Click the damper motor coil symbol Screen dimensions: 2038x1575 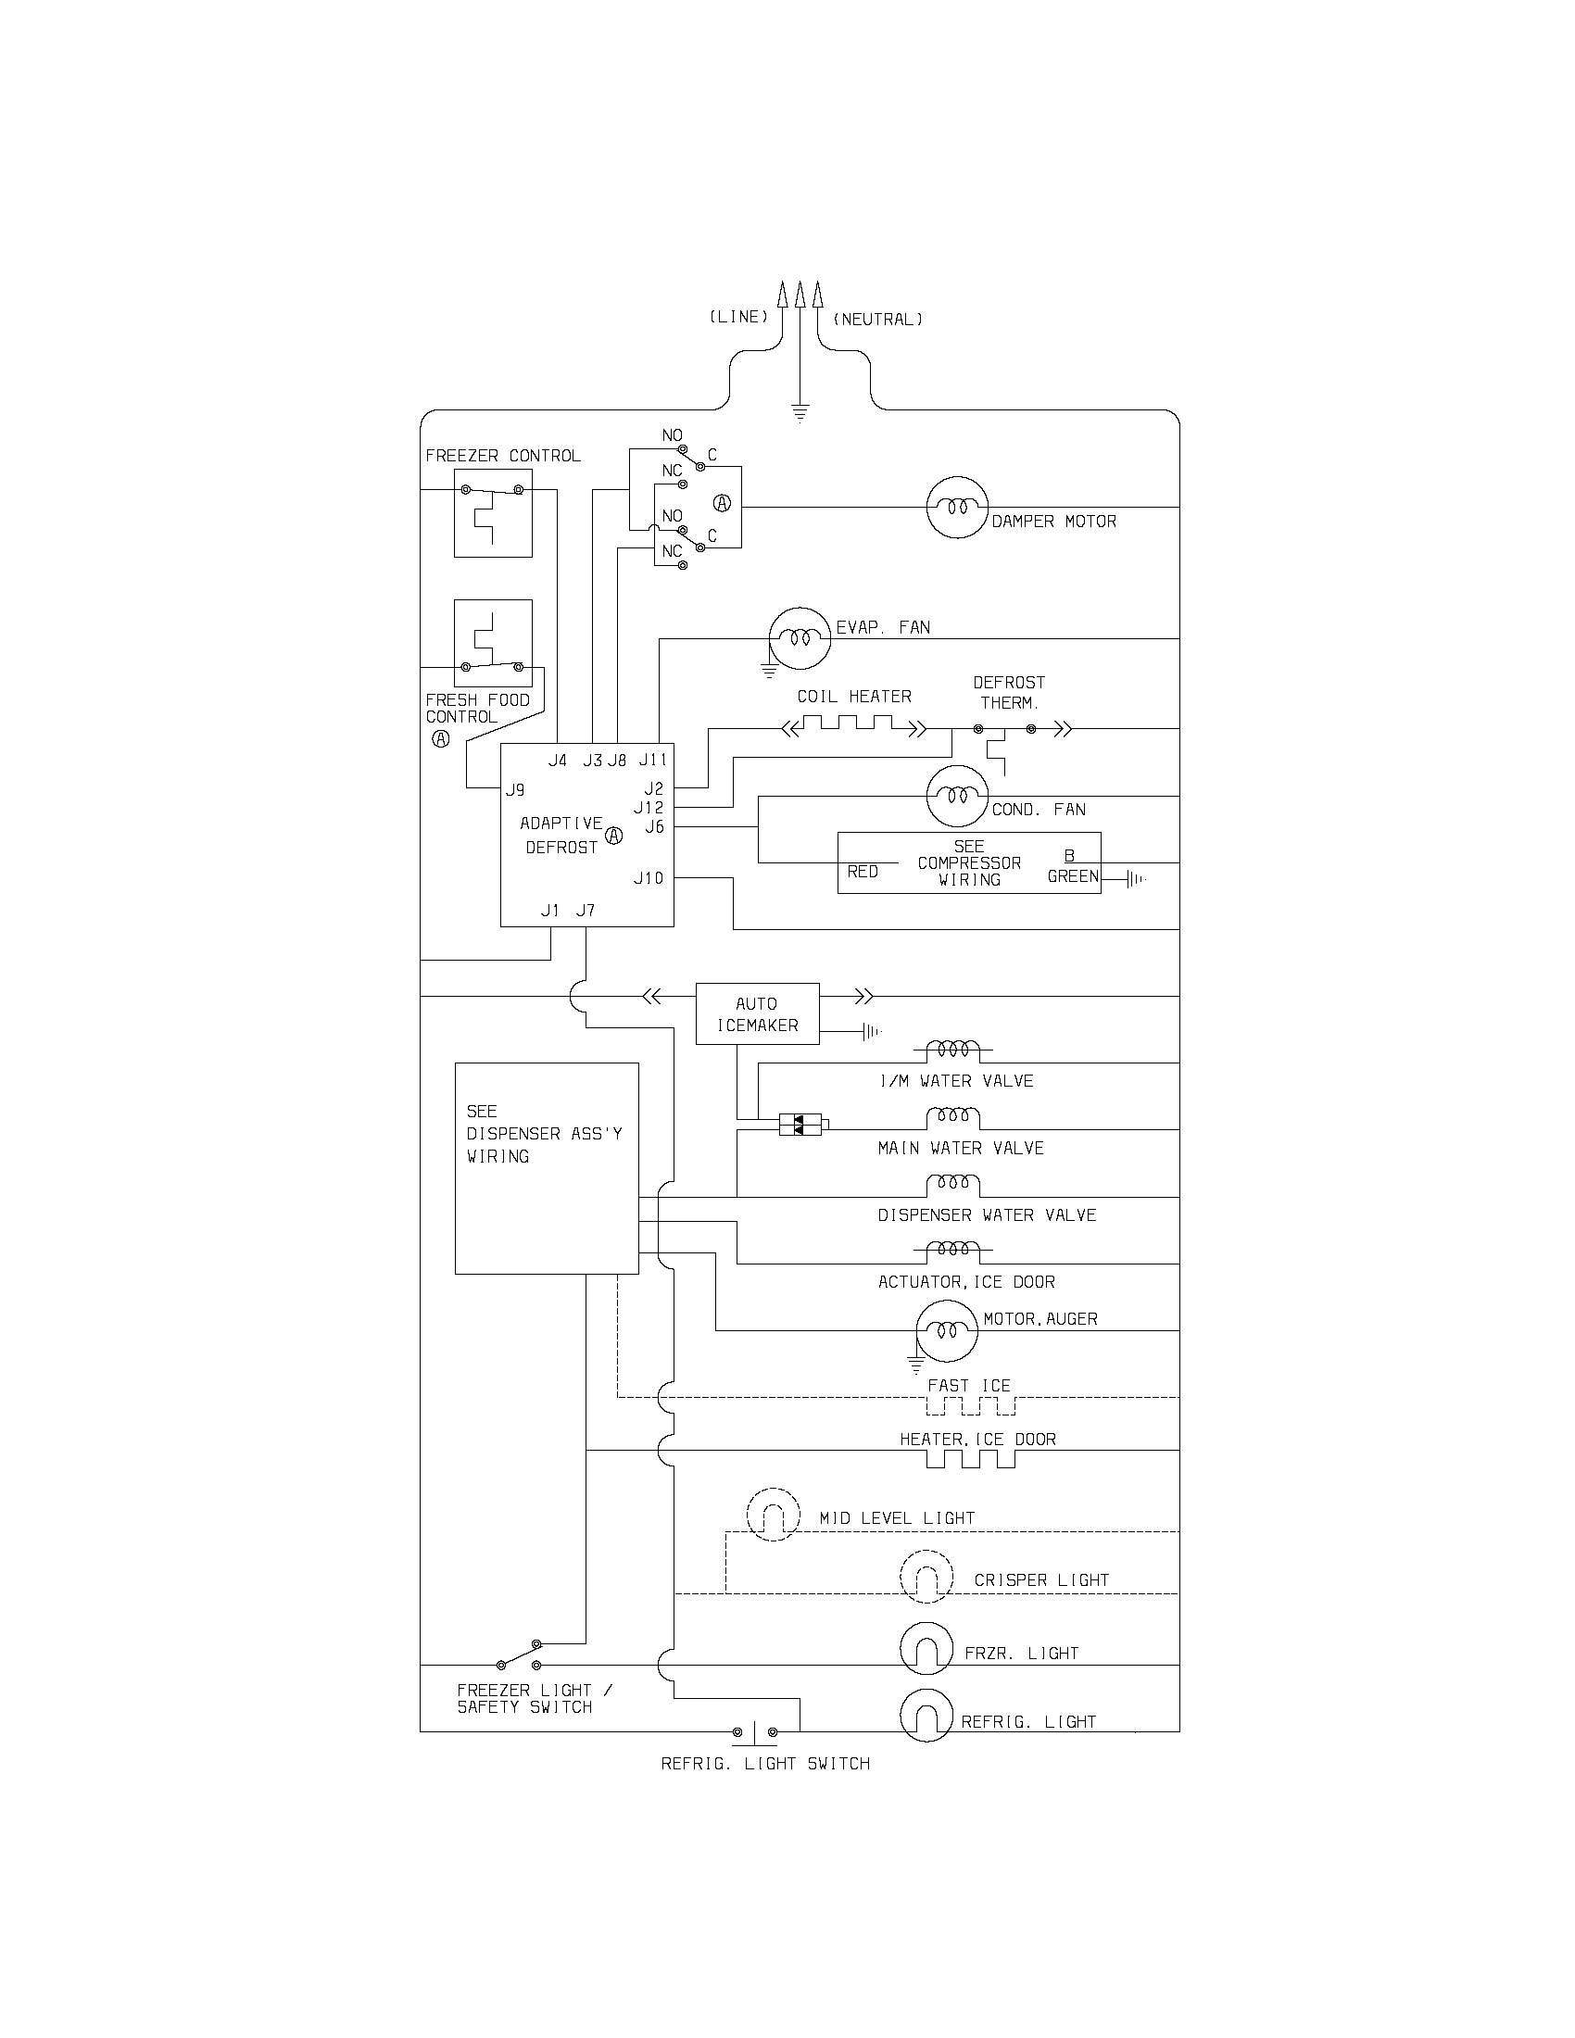point(956,508)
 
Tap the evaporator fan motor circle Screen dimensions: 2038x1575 point(800,638)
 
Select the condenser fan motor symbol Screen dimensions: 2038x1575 point(956,796)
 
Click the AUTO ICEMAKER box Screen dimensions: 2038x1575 point(757,1013)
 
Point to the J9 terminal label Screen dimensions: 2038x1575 point(515,789)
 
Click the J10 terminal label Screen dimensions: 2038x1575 point(649,878)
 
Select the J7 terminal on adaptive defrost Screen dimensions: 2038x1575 point(585,911)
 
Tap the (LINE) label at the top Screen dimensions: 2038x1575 point(738,317)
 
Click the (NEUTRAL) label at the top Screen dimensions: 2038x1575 point(877,321)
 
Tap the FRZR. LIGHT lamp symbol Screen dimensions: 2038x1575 point(926,1648)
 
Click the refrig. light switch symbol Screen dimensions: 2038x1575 point(754,1733)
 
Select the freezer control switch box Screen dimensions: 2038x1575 point(493,513)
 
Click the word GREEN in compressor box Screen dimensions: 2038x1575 point(1073,877)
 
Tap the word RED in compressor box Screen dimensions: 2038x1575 point(863,872)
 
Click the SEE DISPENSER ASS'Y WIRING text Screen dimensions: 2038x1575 point(544,1134)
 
